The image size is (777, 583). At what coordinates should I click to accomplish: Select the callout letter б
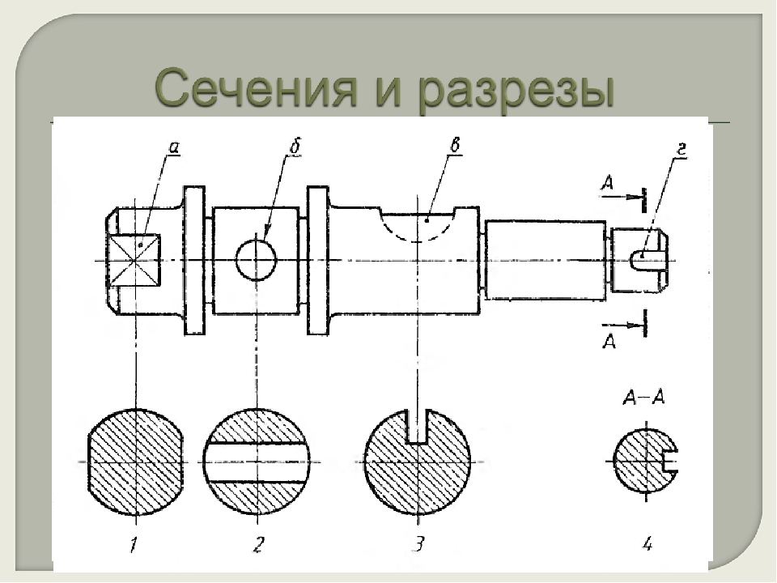click(x=295, y=147)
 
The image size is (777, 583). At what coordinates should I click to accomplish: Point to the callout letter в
click(x=455, y=145)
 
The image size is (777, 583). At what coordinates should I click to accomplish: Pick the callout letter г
click(x=681, y=149)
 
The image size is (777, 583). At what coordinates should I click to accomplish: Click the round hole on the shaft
click(x=256, y=260)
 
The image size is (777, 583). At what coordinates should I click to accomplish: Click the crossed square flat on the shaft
click(x=135, y=260)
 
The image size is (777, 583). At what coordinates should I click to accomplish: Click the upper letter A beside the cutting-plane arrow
click(x=608, y=184)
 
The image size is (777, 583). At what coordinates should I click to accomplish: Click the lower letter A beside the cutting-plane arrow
click(x=609, y=341)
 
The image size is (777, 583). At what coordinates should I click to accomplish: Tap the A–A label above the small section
click(x=643, y=398)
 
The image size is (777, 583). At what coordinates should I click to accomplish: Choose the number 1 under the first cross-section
click(x=133, y=545)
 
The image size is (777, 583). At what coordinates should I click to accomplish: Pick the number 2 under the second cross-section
click(x=257, y=544)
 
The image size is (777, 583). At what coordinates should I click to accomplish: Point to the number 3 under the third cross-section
click(x=419, y=543)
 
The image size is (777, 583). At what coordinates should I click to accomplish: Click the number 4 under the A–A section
click(x=647, y=544)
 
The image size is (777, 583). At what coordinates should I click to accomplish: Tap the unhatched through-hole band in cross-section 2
click(x=257, y=462)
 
